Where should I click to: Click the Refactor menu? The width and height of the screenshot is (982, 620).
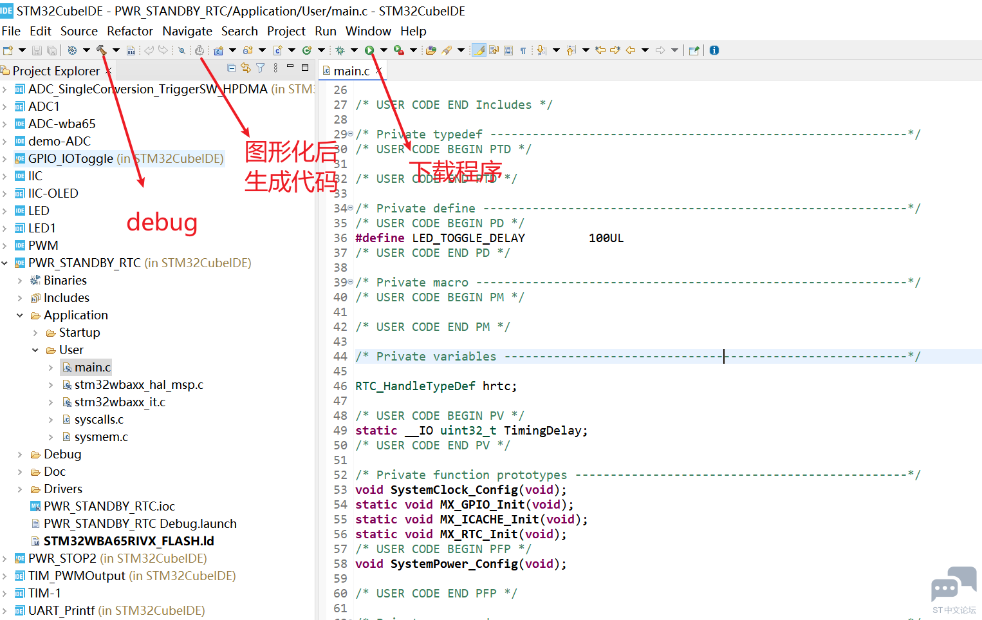tap(130, 31)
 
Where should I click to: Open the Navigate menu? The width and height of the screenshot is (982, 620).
tap(187, 31)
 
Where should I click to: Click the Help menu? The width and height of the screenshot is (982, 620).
tap(413, 31)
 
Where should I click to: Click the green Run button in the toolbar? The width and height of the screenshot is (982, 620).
tap(369, 50)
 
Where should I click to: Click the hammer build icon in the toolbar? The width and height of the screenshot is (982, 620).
tap(101, 50)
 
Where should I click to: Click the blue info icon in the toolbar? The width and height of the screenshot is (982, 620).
tap(714, 50)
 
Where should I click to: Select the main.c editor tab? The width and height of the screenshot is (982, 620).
tap(351, 71)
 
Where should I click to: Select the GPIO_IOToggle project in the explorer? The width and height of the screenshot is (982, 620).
tap(71, 159)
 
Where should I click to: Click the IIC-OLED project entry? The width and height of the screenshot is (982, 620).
tap(53, 193)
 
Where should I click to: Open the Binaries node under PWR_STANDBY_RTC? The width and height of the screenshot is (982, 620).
tap(65, 280)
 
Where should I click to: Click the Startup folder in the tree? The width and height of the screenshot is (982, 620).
tap(79, 332)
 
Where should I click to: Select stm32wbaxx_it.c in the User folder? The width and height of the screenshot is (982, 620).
tap(120, 402)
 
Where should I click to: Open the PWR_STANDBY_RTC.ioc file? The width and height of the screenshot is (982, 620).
tap(109, 507)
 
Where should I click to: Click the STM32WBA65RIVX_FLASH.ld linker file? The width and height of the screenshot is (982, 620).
tap(129, 541)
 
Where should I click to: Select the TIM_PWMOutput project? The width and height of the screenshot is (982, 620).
tap(77, 576)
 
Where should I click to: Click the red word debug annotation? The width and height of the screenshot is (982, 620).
tap(162, 223)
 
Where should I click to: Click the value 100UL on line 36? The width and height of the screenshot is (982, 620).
tap(606, 238)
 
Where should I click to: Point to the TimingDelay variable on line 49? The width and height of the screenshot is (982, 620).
tap(542, 431)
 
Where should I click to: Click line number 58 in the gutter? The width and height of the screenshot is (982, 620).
tap(340, 564)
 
